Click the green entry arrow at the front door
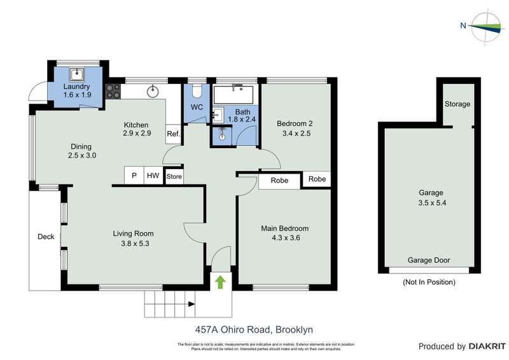click(220, 281)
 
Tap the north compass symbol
click(484, 26)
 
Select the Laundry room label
click(76, 87)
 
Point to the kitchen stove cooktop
click(113, 91)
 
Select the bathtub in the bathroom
click(234, 95)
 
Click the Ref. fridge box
click(173, 134)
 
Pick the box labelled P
click(134, 176)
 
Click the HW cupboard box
click(153, 176)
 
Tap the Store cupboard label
click(174, 177)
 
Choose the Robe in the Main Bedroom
click(279, 181)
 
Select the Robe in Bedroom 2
click(317, 179)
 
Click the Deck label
click(46, 237)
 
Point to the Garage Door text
click(428, 260)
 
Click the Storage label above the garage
click(457, 104)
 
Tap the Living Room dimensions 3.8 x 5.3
click(136, 243)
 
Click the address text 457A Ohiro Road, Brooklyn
click(254, 329)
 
